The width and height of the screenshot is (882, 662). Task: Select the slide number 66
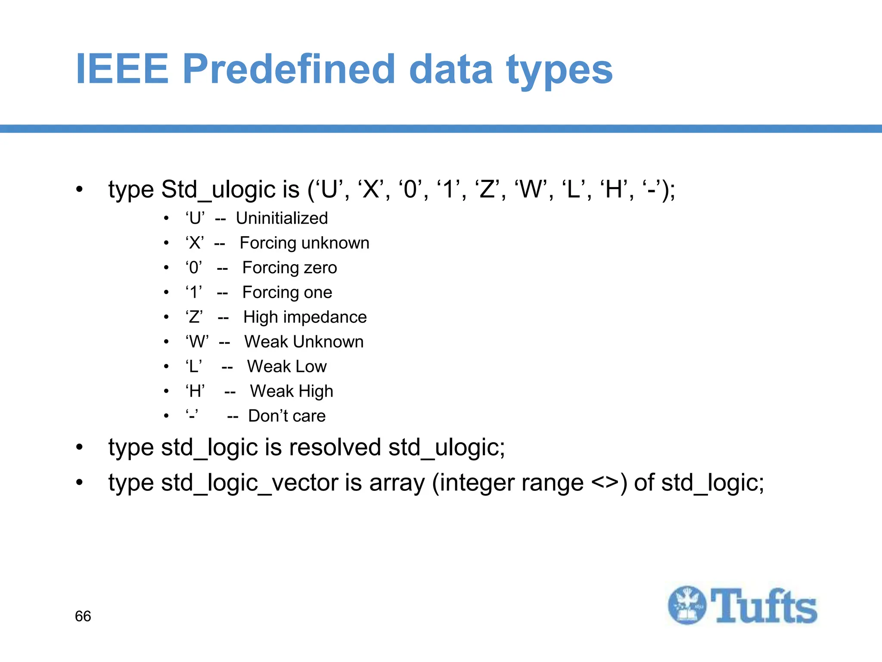coord(83,616)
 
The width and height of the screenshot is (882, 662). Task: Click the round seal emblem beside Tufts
coord(687,605)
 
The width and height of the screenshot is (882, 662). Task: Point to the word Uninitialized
coord(282,218)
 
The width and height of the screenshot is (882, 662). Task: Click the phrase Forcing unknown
coord(304,243)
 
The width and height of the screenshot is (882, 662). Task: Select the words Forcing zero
coord(289,268)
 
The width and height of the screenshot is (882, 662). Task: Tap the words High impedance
coord(305,317)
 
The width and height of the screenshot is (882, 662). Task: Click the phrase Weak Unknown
coord(304,342)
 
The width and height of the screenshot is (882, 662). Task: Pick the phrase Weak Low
coord(287,366)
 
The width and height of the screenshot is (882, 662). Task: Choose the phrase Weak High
coord(292,391)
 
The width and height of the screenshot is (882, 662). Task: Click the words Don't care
coord(287,416)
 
